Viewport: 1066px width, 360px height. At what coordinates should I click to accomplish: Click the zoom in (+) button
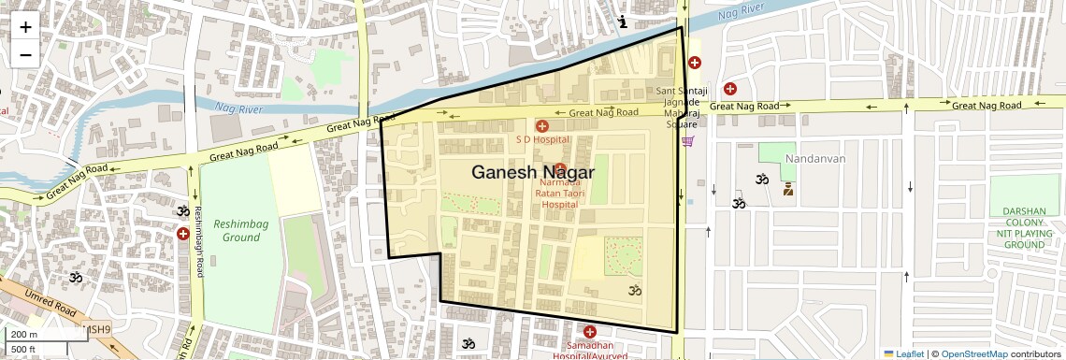tap(25, 26)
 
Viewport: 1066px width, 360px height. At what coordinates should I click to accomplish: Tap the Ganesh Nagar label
tap(532, 172)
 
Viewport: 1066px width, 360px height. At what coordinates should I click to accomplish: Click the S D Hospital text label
tap(542, 139)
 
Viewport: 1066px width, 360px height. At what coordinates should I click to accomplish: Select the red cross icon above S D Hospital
tap(541, 125)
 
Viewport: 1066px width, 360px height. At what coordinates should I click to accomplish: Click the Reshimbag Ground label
tap(236, 231)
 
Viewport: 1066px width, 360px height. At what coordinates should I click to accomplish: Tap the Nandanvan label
tap(815, 159)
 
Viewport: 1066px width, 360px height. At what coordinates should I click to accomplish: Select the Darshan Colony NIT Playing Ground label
tap(1023, 228)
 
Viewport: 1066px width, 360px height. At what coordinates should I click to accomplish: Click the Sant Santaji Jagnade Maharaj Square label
tap(688, 107)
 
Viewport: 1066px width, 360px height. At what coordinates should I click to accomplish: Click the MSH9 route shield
tap(97, 329)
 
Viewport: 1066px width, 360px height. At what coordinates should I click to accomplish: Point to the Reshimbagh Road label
tap(198, 241)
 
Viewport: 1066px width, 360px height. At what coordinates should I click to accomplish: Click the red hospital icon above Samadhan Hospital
tap(590, 332)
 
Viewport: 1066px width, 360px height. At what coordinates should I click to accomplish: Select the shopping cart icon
tap(688, 141)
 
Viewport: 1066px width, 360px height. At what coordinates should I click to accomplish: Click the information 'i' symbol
tap(623, 21)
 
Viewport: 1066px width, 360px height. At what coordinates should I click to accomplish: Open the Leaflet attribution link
tap(904, 353)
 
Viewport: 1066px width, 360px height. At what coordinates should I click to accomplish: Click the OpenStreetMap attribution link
tap(973, 353)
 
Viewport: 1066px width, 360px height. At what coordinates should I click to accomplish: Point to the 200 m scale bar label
tap(25, 334)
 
